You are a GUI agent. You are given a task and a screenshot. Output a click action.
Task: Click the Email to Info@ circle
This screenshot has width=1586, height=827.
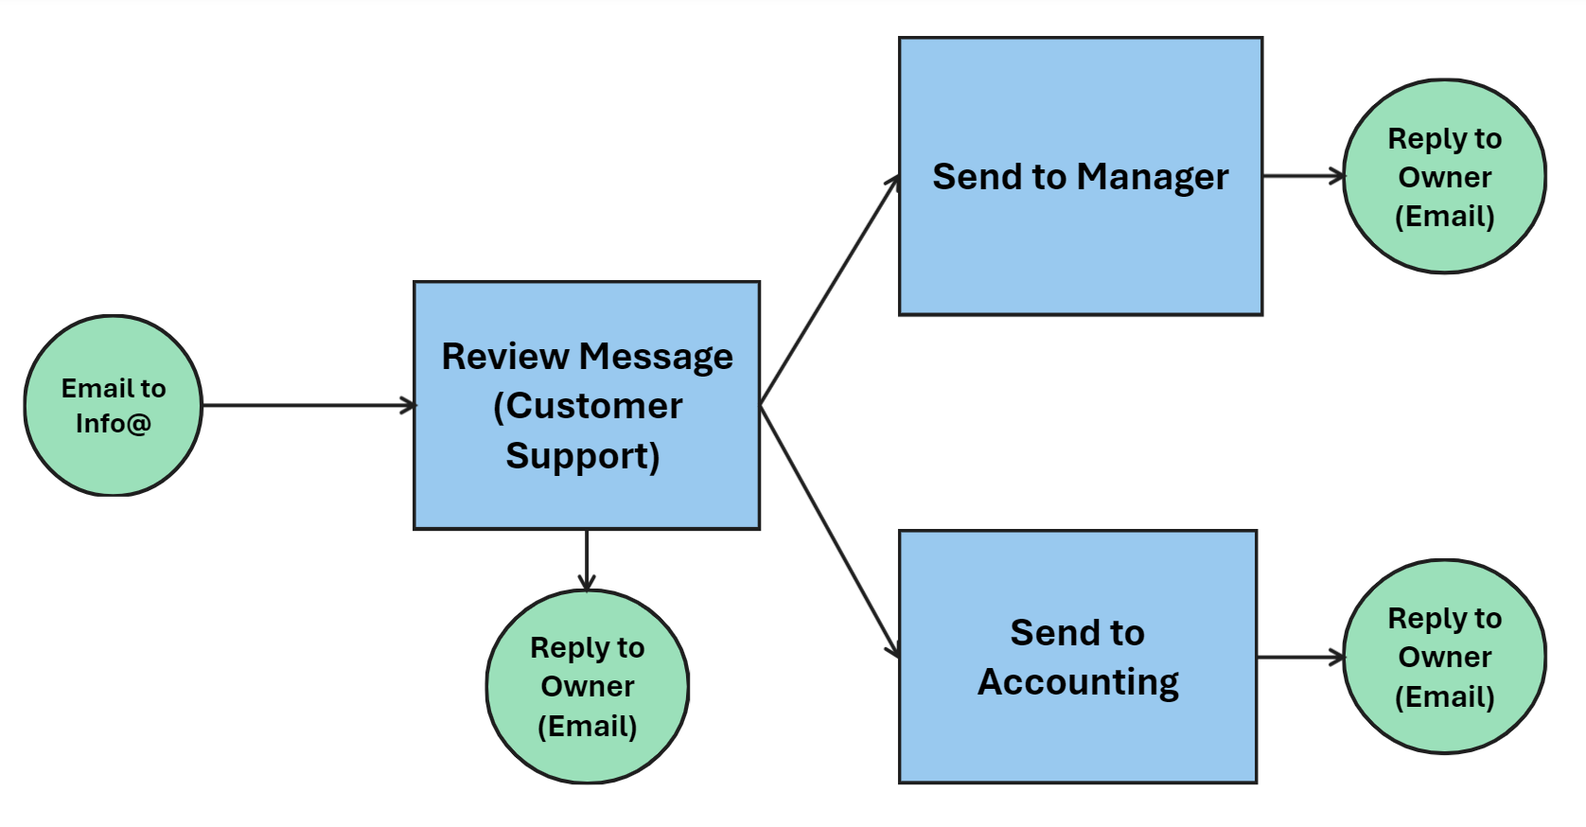pyautogui.click(x=113, y=406)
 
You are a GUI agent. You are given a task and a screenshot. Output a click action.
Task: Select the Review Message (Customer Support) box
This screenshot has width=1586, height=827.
pyautogui.click(x=587, y=405)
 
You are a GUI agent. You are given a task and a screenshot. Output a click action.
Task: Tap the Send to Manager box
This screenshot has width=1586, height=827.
pyautogui.click(x=1080, y=246)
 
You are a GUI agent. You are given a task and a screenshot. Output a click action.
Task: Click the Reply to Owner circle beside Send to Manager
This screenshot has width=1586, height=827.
pyautogui.click(x=1444, y=177)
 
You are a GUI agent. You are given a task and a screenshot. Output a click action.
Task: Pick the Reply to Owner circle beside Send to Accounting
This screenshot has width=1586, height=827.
pyautogui.click(x=1444, y=657)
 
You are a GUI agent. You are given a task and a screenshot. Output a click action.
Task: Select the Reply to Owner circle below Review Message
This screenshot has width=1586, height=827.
pyautogui.click(x=587, y=687)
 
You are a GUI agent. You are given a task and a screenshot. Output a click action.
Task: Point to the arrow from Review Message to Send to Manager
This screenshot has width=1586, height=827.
pyautogui.click(x=829, y=291)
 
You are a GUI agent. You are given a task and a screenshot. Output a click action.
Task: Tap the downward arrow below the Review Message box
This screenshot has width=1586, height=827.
pyautogui.click(x=587, y=560)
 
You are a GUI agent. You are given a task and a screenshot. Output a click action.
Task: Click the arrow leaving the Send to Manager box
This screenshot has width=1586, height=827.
pyautogui.click(x=1302, y=176)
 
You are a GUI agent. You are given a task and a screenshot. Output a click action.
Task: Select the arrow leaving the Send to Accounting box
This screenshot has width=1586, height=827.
pyautogui.click(x=1299, y=657)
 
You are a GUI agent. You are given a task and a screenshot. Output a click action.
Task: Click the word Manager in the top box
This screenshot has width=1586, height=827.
pyautogui.click(x=1153, y=178)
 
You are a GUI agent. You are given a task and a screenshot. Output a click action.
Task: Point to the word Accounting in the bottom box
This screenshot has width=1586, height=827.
pyautogui.click(x=1078, y=682)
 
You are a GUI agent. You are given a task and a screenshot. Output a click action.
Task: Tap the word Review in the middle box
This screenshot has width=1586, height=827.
pyautogui.click(x=504, y=357)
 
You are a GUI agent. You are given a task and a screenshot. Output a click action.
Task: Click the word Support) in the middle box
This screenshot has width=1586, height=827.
pyautogui.click(x=583, y=456)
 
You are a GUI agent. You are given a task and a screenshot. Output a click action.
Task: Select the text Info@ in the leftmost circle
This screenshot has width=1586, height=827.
pyautogui.click(x=113, y=424)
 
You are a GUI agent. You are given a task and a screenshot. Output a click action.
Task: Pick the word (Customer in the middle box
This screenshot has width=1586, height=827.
pyautogui.click(x=588, y=407)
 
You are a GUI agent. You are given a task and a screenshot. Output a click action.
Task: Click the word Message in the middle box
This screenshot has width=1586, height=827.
pyautogui.click(x=656, y=358)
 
